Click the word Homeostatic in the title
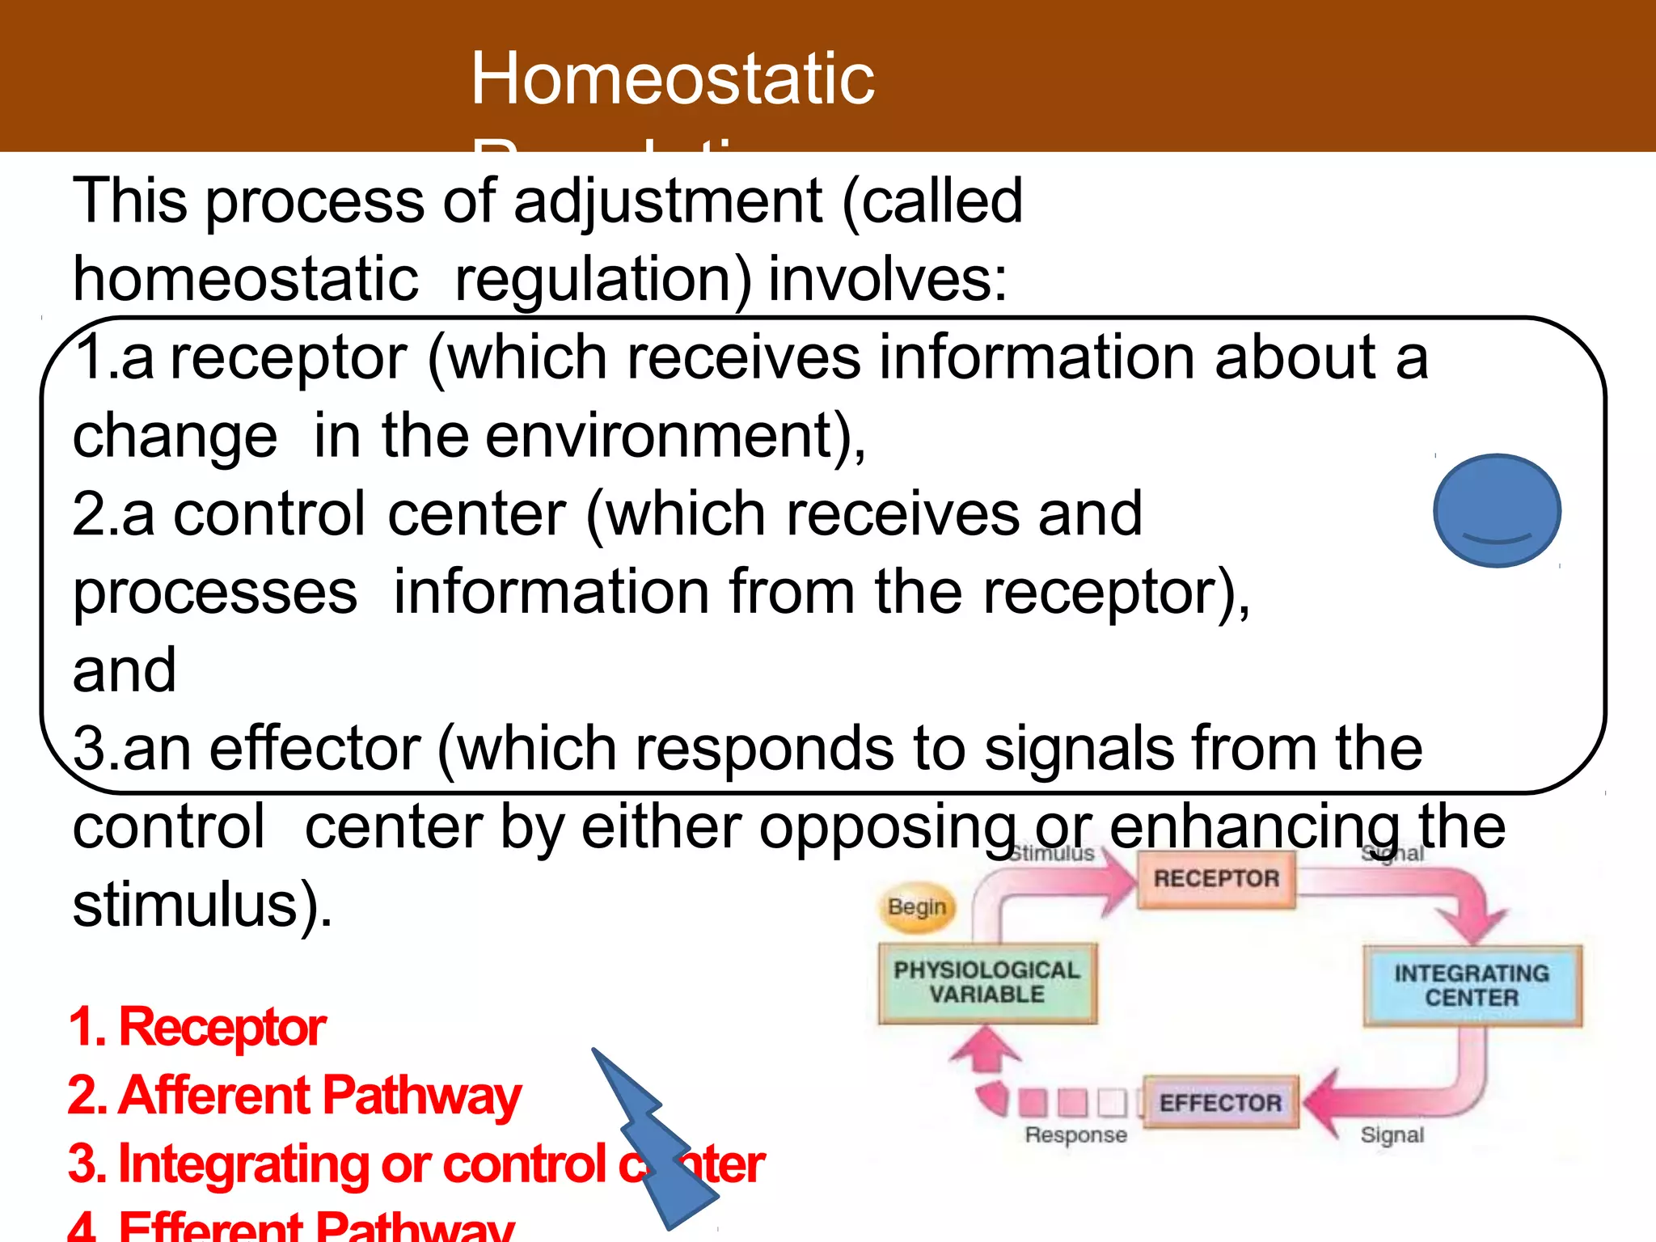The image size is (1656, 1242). pos(672,78)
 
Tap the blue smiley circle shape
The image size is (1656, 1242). pos(1497,510)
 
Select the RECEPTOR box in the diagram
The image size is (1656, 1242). pos(1216,879)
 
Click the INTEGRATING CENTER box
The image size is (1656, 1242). pos(1472,985)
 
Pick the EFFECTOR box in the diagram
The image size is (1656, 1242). pos(1220,1103)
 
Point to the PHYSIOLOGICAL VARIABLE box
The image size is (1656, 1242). pos(986,982)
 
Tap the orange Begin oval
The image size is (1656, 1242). pos(917,907)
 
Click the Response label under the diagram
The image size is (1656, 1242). pos(1075,1135)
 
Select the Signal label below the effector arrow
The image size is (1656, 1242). pos(1392,1135)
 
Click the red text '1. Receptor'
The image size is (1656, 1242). pos(197,1028)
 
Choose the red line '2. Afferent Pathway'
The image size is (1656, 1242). pos(294,1096)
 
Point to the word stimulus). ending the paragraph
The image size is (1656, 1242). pos(202,906)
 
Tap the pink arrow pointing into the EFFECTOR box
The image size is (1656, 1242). pos(1334,1101)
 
